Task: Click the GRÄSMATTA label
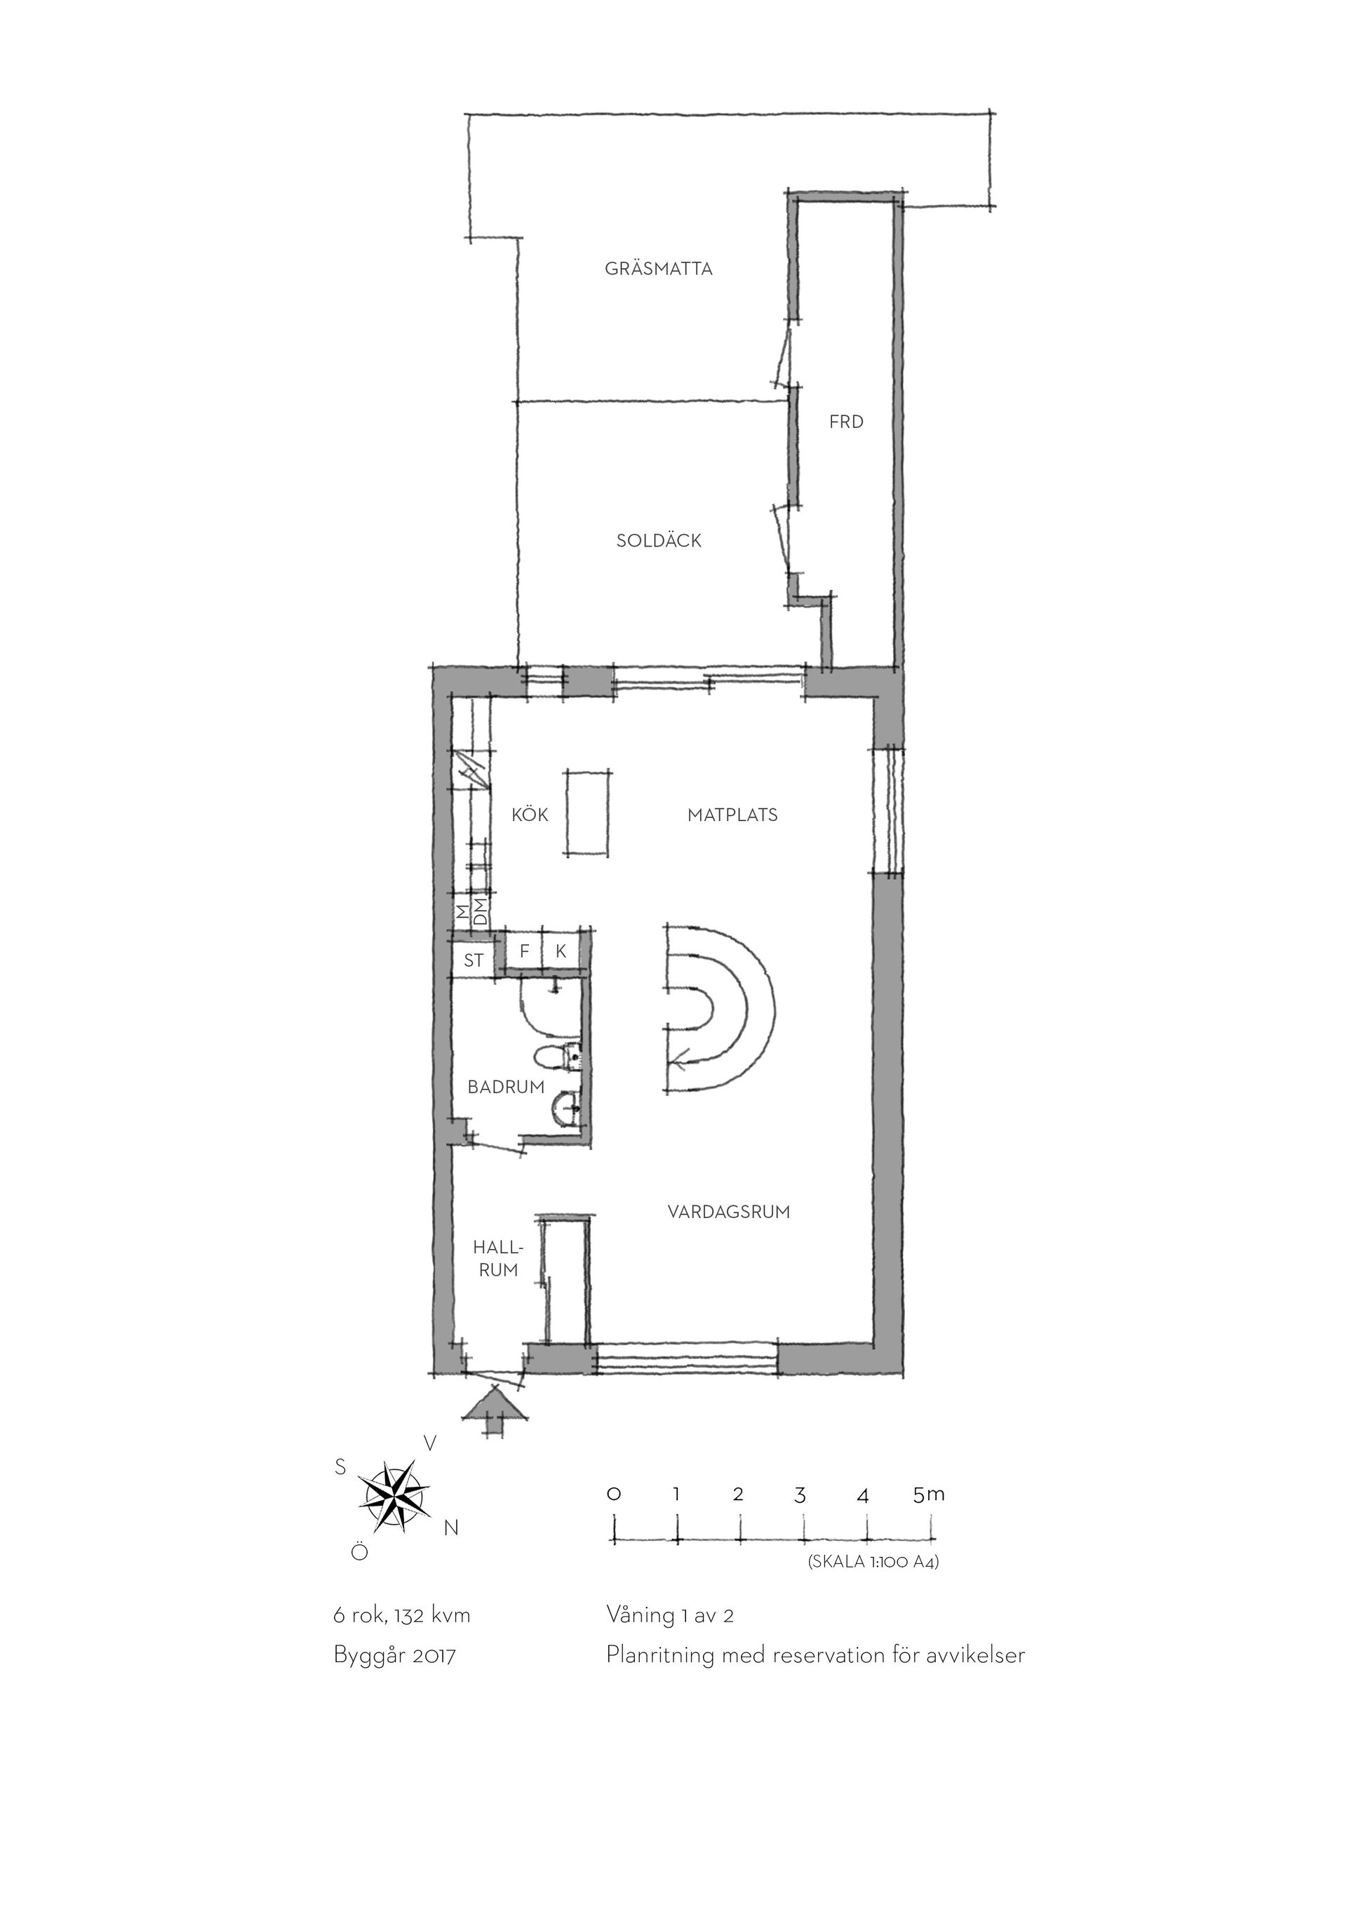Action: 659,269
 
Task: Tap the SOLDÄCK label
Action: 659,541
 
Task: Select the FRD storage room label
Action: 846,422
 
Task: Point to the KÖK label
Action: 530,815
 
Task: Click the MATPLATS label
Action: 732,815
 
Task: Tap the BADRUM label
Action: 506,1087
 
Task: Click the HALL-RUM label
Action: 497,1259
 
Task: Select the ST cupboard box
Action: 474,960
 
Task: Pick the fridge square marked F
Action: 524,951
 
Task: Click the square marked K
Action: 561,951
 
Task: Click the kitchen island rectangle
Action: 589,811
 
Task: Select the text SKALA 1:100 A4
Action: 873,1563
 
